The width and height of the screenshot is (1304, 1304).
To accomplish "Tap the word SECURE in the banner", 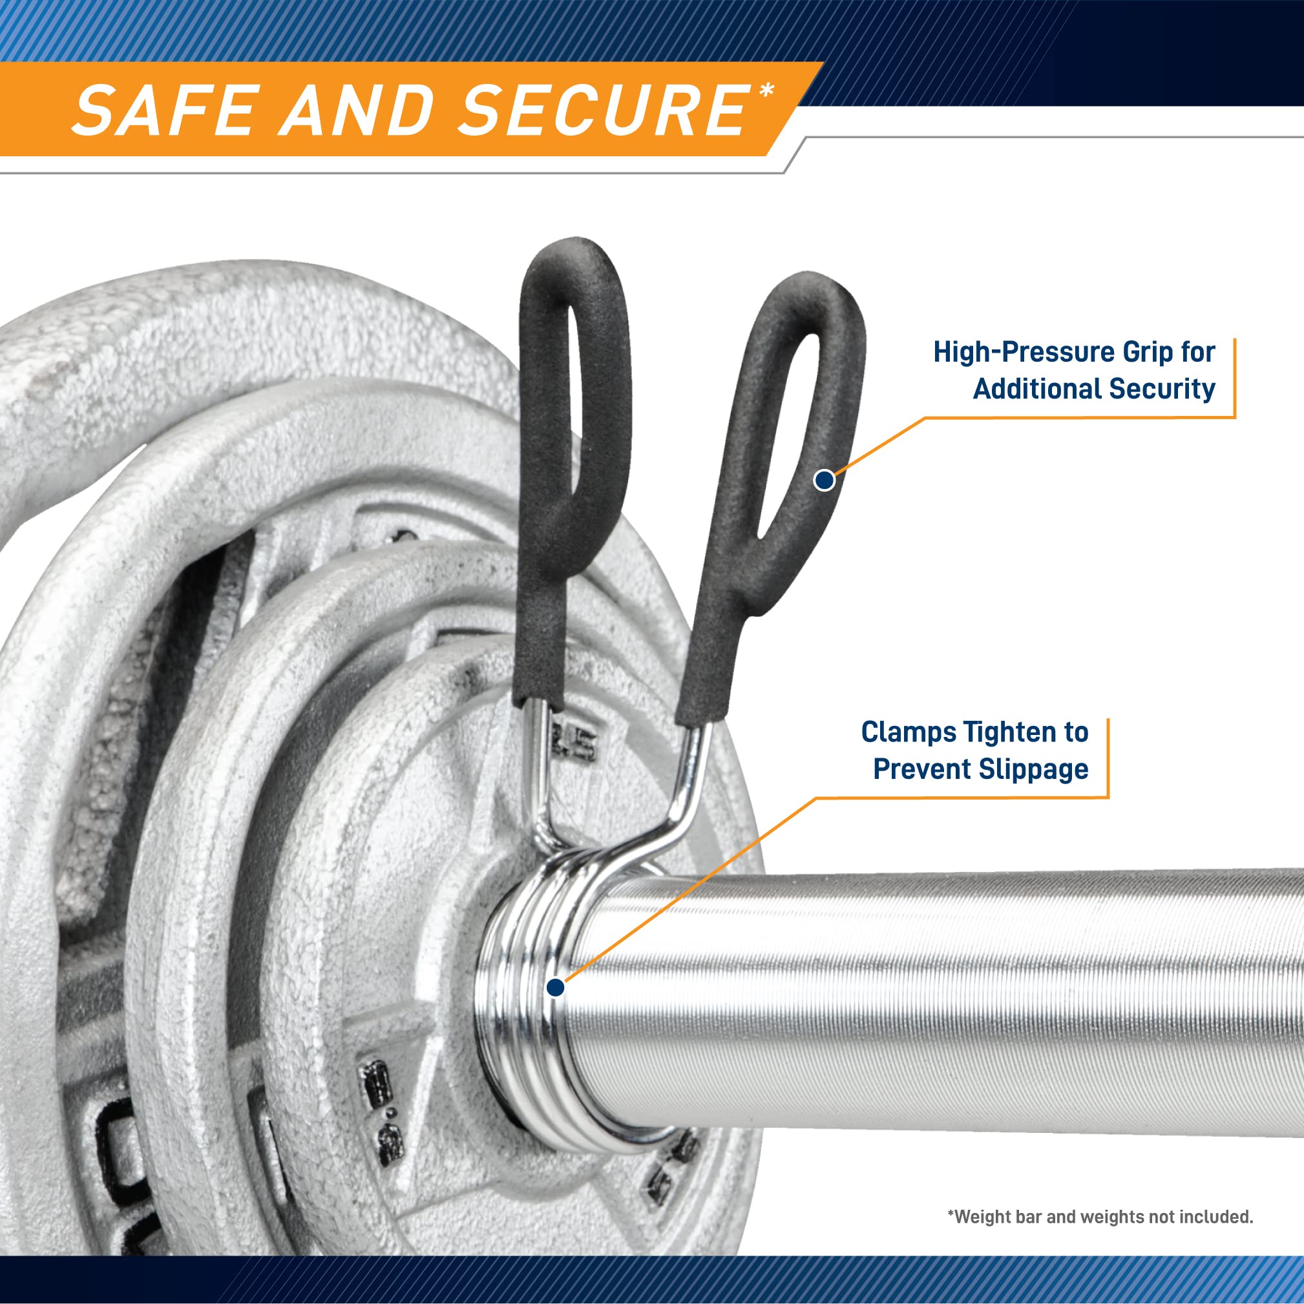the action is tap(604, 110).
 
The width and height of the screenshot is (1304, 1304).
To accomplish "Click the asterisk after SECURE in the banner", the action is tap(766, 90).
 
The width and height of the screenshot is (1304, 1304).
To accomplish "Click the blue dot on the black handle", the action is tap(824, 480).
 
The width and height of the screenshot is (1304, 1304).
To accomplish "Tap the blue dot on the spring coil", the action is tap(555, 988).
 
